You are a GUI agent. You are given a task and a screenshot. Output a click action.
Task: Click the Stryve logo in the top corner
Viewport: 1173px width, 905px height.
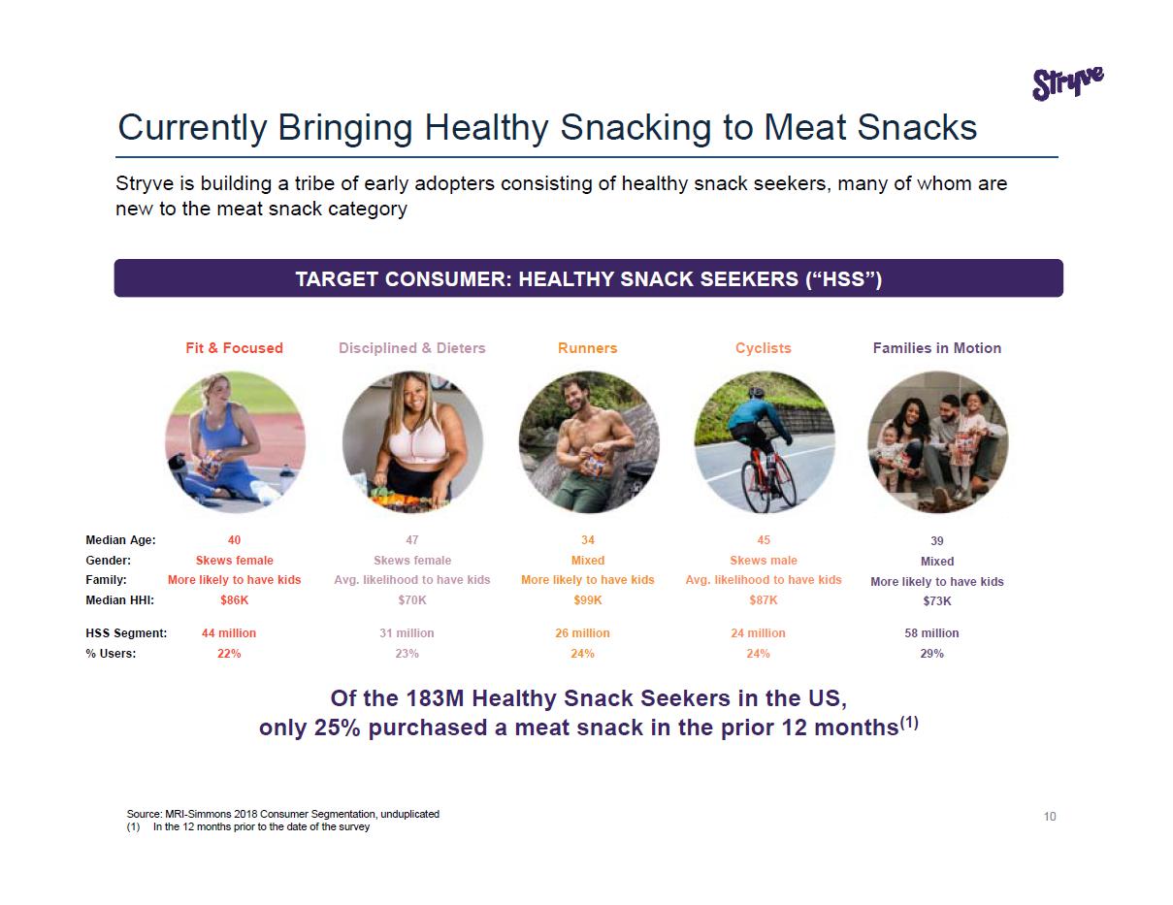(1067, 84)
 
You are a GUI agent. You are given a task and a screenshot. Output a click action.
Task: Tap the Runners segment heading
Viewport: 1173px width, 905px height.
(587, 348)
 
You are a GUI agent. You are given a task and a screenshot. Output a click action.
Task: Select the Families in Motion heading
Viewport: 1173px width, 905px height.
(936, 348)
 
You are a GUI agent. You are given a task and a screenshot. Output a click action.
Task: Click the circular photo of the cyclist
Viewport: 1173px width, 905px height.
(764, 442)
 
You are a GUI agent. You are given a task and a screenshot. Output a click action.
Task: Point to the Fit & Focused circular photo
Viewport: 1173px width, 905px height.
(235, 442)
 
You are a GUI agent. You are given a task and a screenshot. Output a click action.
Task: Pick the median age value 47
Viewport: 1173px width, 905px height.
(412, 540)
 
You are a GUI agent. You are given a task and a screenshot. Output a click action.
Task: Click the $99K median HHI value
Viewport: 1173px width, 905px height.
(587, 600)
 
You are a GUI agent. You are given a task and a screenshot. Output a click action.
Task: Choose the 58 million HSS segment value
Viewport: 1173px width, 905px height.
(931, 633)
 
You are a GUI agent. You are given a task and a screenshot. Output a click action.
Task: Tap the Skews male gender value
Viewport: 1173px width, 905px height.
(764, 560)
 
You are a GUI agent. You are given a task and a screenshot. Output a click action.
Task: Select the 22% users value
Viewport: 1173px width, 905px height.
(229, 654)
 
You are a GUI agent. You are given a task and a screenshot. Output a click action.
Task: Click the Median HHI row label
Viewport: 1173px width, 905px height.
(120, 600)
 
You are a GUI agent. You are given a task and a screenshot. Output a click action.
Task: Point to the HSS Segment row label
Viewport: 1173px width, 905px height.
(126, 633)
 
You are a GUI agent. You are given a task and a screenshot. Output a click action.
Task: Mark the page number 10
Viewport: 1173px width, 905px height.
(1050, 817)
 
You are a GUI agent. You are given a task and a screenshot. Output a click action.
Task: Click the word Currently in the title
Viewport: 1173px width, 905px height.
(193, 128)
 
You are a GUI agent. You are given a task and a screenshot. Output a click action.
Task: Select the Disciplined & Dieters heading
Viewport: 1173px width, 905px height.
(412, 348)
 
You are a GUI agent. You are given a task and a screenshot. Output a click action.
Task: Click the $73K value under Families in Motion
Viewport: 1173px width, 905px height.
(937, 601)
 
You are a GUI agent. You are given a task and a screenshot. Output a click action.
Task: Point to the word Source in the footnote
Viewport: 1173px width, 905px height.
(143, 814)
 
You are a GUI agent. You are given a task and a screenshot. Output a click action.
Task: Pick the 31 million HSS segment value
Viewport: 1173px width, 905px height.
(407, 633)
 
